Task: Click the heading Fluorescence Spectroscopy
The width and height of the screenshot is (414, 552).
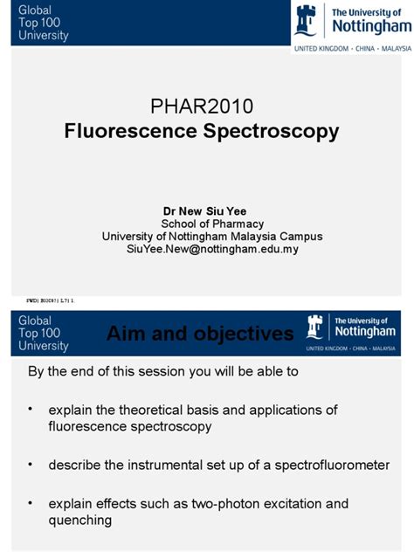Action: point(202,132)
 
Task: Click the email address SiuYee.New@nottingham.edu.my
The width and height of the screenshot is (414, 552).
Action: point(213,249)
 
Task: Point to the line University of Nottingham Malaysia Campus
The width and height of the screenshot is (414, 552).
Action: point(212,236)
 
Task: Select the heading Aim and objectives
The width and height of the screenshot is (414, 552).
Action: point(200,334)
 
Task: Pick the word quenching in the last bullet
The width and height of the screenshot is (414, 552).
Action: point(79,521)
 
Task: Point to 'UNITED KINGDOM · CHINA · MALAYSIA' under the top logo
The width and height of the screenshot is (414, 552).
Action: point(351,48)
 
